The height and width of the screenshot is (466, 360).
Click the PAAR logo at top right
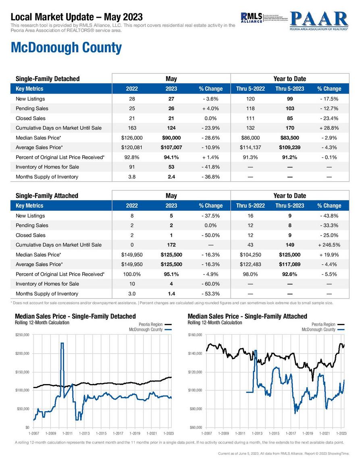tap(318, 21)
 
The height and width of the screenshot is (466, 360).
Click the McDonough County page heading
tap(66, 48)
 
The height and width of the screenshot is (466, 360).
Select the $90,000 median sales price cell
tap(171, 138)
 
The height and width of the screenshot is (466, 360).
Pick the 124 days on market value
tap(171, 128)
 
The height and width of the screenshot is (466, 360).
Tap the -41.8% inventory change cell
tap(210, 167)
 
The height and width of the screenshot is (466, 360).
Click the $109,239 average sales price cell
tap(289, 147)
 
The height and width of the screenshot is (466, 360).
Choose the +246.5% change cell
tap(329, 245)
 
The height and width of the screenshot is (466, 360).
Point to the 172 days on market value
tap(171, 245)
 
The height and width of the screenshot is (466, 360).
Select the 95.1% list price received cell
tap(171, 274)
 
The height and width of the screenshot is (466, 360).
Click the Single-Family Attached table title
tap(47, 196)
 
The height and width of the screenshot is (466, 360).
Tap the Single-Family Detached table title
tap(48, 79)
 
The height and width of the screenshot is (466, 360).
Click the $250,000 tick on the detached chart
tap(22, 335)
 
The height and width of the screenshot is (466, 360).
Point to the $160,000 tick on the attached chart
tap(195, 335)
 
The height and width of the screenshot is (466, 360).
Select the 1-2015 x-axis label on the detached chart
tap(102, 433)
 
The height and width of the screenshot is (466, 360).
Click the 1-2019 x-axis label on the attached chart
tap(308, 433)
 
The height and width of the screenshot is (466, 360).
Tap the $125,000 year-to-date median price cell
tap(289, 255)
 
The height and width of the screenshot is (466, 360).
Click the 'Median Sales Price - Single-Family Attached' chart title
tap(247, 316)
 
